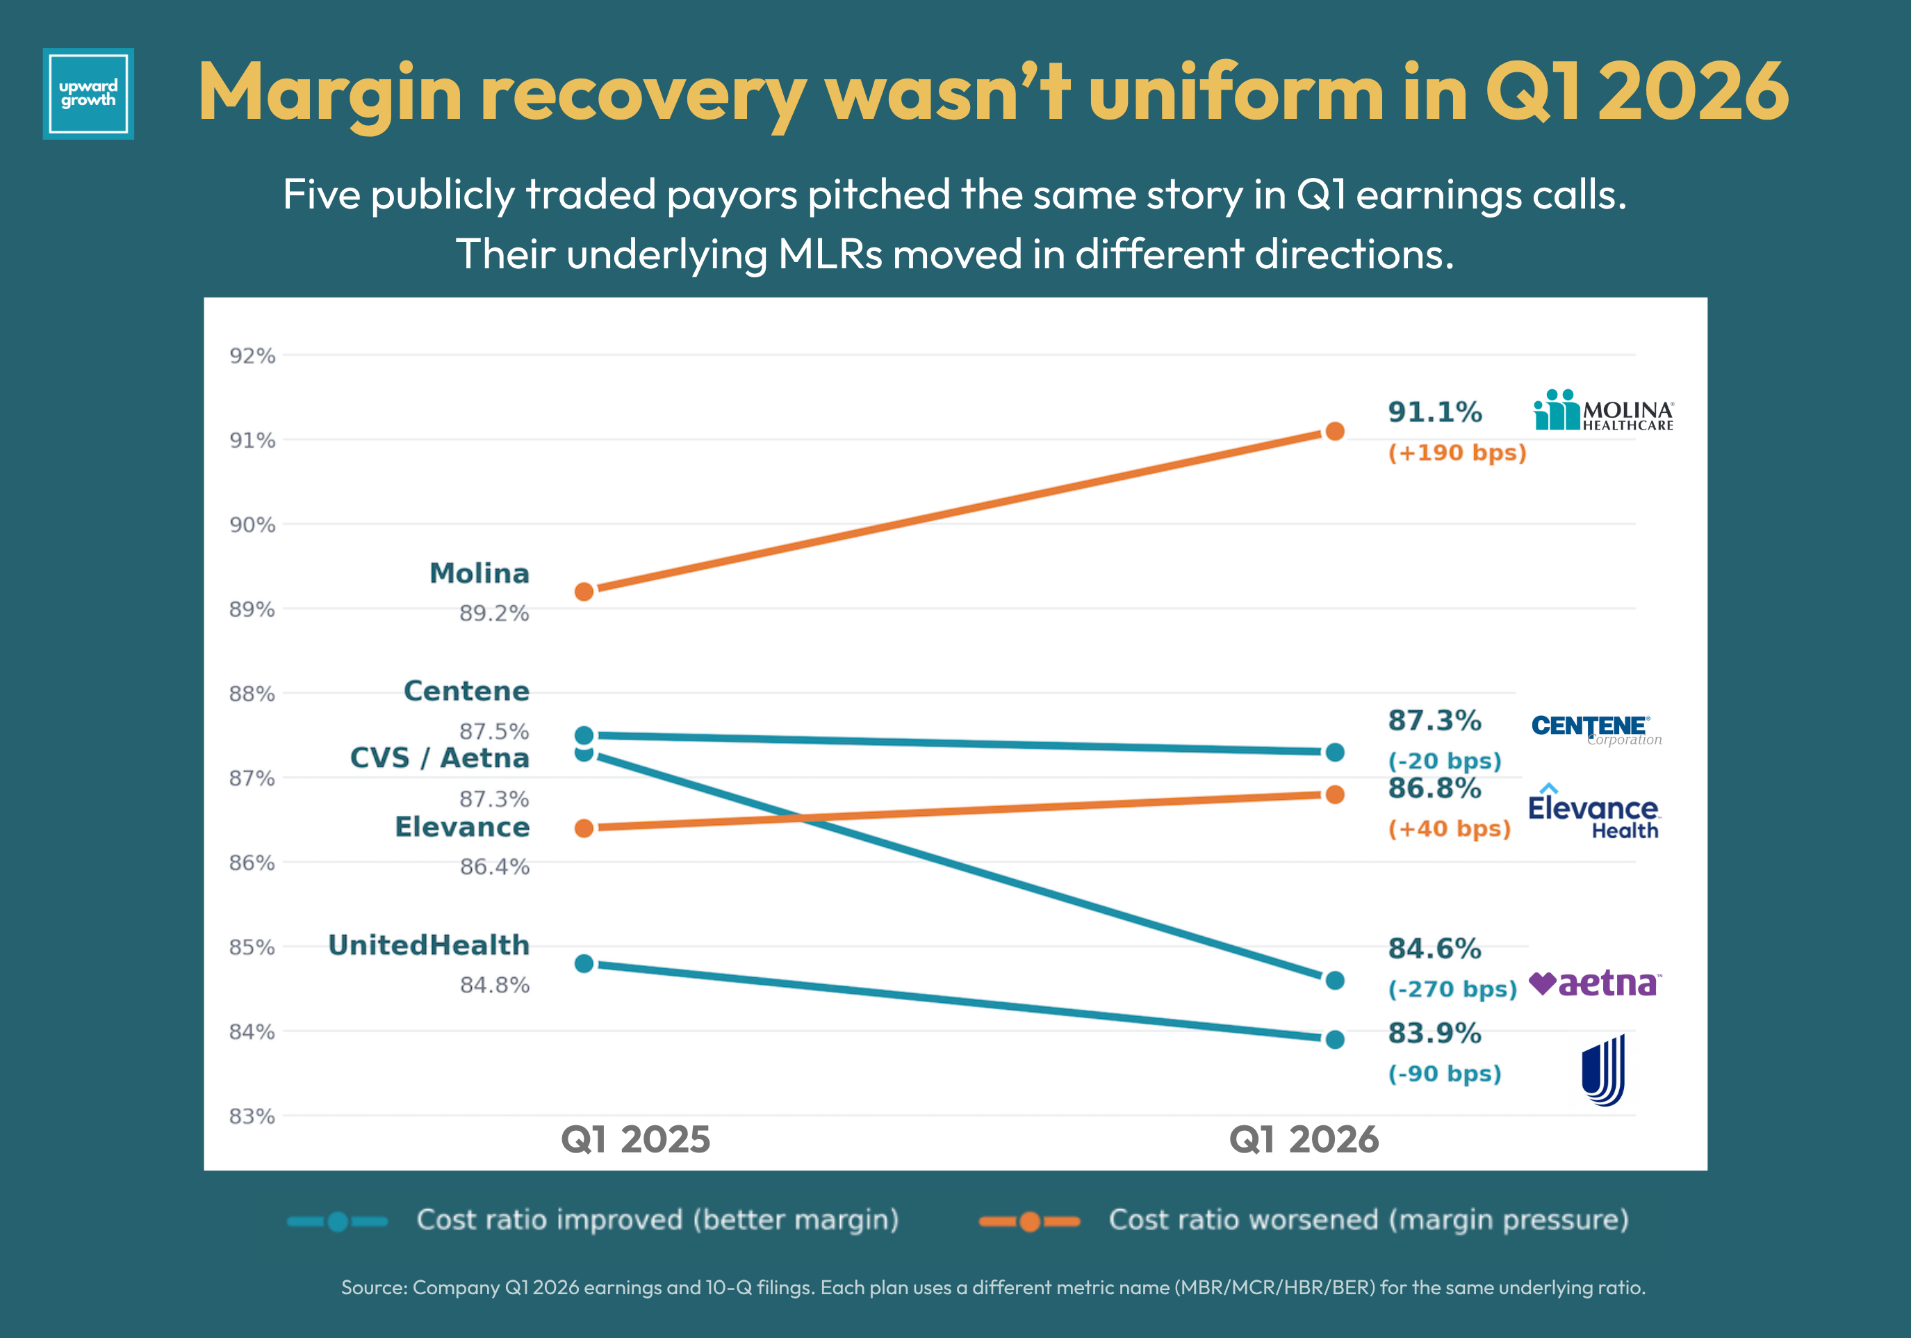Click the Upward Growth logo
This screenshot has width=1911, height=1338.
[x=88, y=93]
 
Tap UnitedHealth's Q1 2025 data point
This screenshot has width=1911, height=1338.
[x=584, y=963]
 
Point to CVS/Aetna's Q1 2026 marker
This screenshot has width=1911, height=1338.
[x=1334, y=980]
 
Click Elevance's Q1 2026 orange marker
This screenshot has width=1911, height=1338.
[x=1334, y=794]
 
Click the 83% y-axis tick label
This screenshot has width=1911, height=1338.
[x=252, y=1116]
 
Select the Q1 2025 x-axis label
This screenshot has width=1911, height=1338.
[x=636, y=1139]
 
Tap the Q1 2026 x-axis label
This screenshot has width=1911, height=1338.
[x=1304, y=1139]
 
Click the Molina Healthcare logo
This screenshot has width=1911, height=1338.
[x=1603, y=411]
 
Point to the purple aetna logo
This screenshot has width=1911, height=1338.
[x=1596, y=984]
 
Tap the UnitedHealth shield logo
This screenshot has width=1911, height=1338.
[x=1603, y=1070]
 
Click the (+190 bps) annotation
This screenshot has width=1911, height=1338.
[x=1457, y=453]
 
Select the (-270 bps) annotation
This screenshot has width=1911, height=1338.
[x=1452, y=989]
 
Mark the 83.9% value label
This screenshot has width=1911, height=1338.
[x=1435, y=1034]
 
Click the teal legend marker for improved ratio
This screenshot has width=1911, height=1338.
[x=337, y=1221]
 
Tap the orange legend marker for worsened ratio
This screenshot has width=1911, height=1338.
[x=1030, y=1221]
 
